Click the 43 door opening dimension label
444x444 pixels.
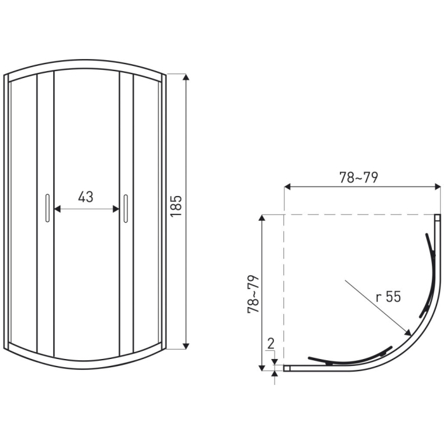(86, 197)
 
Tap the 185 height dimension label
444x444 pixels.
(176, 206)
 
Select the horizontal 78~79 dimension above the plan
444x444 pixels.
(359, 178)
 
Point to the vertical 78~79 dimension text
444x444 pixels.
(254, 294)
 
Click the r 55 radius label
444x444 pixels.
(388, 297)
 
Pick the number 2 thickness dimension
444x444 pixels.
(271, 344)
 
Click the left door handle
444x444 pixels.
(48, 208)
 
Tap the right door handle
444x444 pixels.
(126, 208)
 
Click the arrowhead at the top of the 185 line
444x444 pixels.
(186, 77)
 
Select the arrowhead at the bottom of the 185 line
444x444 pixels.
(186, 346)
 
